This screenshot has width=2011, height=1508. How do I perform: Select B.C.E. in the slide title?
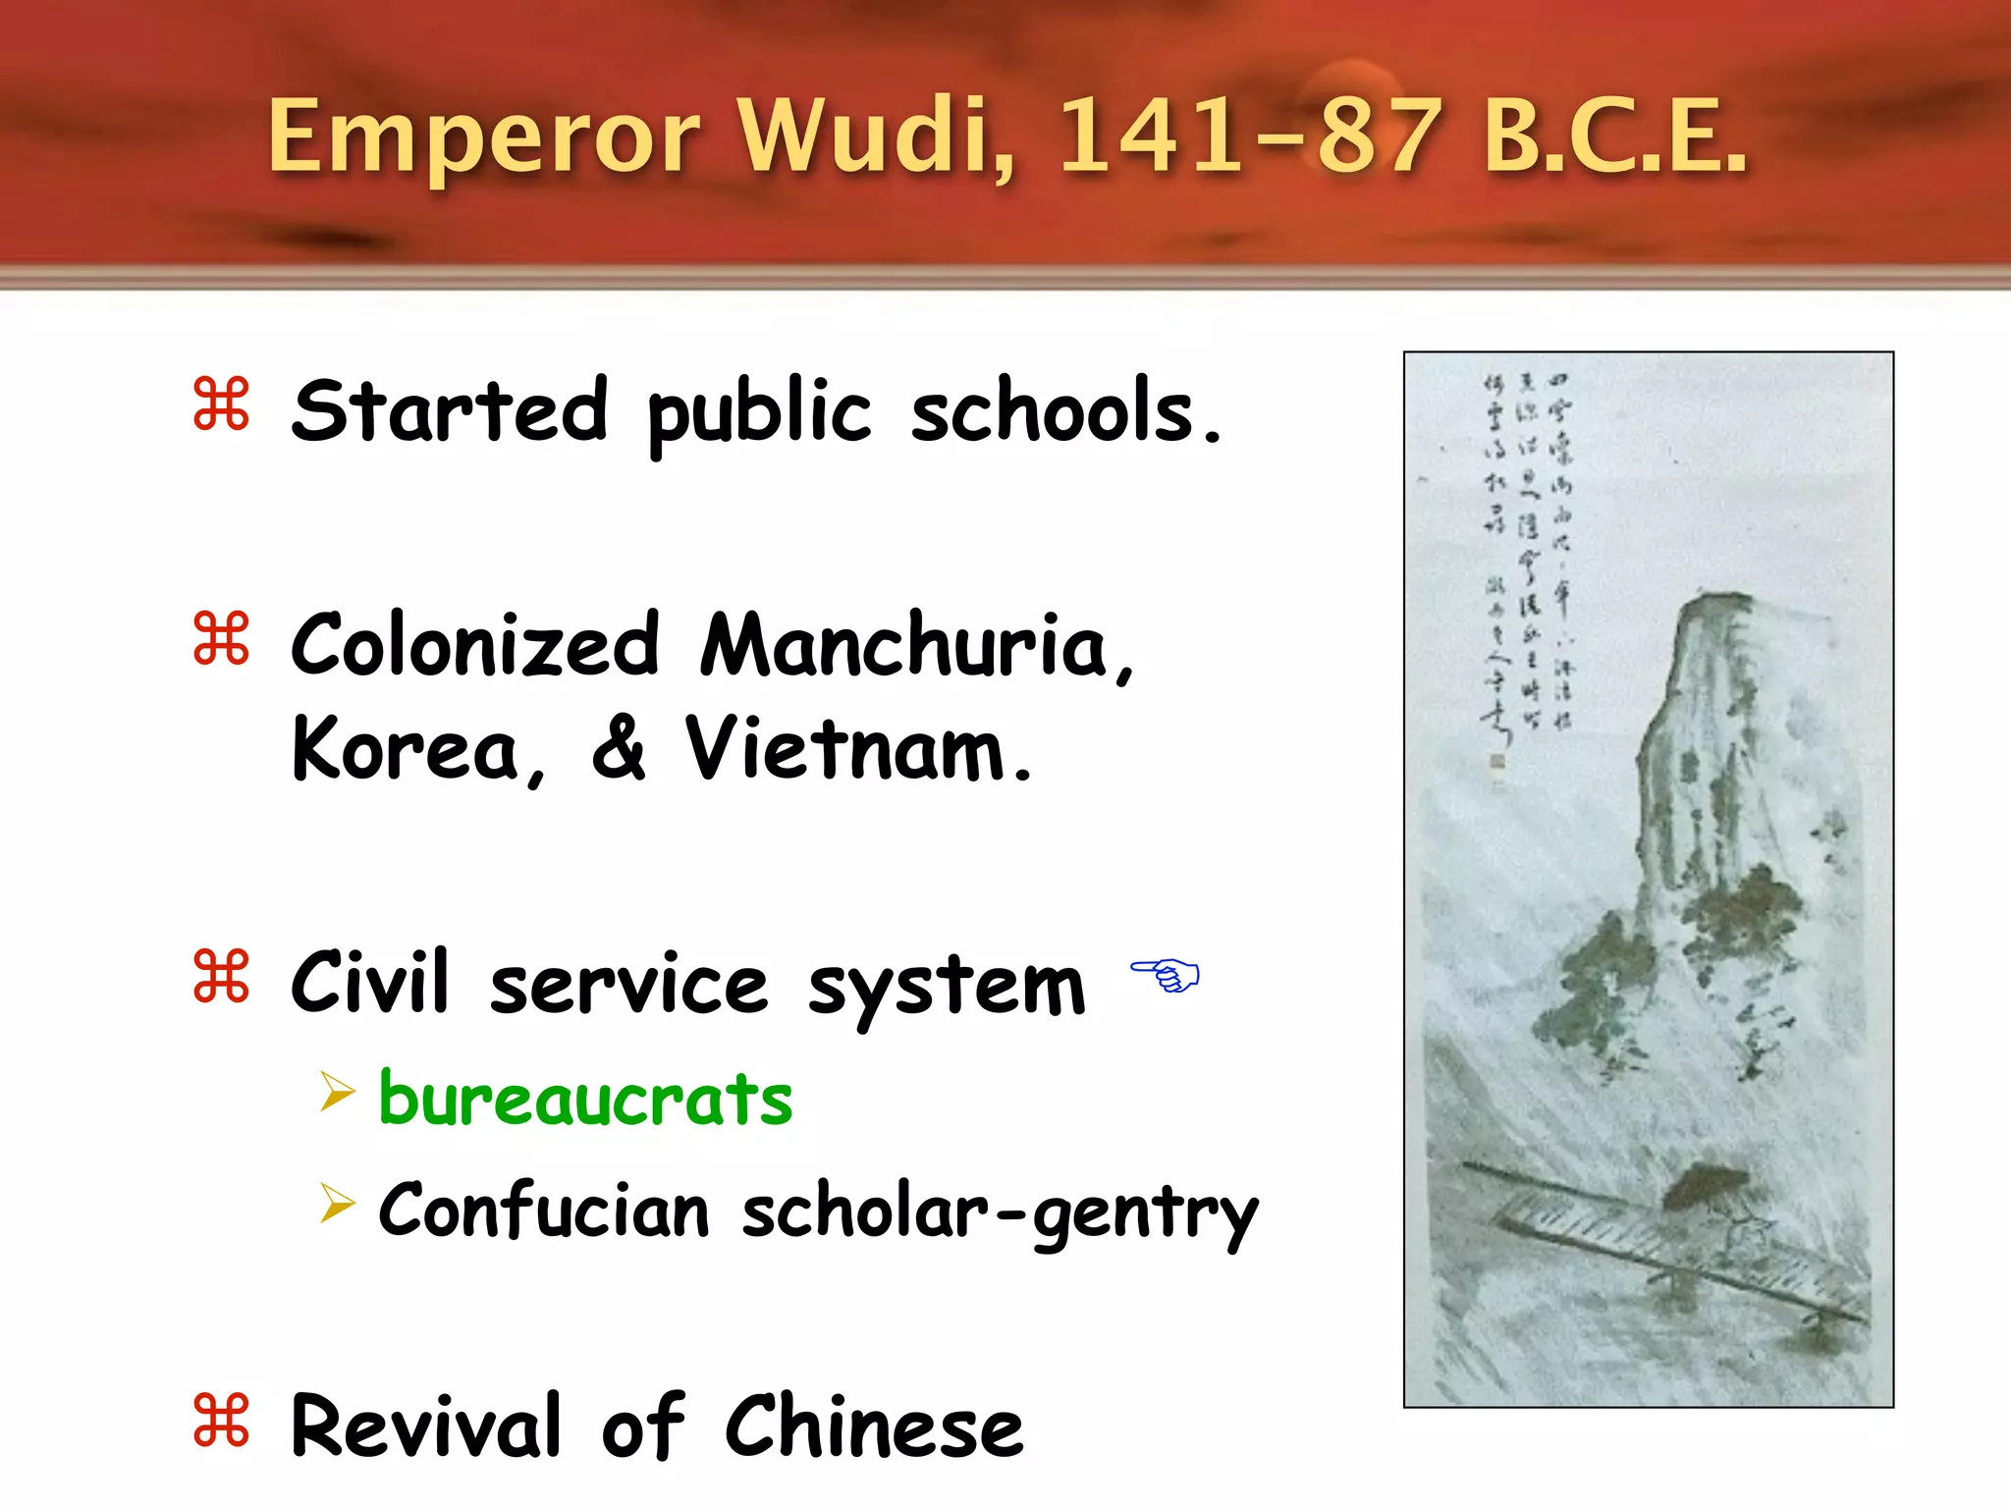click(x=1615, y=137)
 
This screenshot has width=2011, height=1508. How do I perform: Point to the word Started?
click(x=450, y=410)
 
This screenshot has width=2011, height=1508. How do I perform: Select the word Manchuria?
click(x=917, y=646)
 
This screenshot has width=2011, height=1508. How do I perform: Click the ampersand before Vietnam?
click(x=619, y=748)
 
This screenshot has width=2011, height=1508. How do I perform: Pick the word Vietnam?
click(x=857, y=749)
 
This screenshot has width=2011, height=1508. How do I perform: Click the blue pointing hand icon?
click(x=1166, y=974)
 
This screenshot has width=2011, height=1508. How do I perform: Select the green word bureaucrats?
click(x=585, y=1100)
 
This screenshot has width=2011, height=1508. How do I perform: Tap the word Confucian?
click(x=543, y=1211)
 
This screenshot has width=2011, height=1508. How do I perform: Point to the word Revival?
click(x=426, y=1427)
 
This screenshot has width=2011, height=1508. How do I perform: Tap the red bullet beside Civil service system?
click(x=222, y=976)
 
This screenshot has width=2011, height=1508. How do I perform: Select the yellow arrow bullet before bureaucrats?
click(x=337, y=1092)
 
